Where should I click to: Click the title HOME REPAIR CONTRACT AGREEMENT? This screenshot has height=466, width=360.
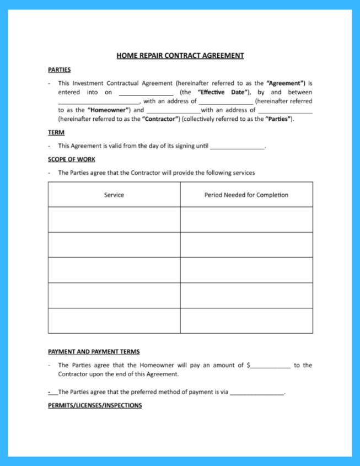(x=180, y=56)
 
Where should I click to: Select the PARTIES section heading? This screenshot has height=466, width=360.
(x=59, y=70)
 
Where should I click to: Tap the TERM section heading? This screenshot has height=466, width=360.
(x=56, y=132)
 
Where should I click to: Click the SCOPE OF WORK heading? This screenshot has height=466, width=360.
(x=72, y=159)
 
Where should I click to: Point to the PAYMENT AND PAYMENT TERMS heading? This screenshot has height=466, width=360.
(x=94, y=351)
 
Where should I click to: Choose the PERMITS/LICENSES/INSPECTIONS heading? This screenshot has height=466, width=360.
(x=95, y=405)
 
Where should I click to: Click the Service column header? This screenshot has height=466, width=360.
(x=114, y=195)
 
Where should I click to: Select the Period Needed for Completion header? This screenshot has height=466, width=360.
(x=246, y=195)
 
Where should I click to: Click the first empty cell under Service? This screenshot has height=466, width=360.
(x=114, y=219)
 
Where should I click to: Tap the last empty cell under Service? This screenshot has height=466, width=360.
(x=114, y=320)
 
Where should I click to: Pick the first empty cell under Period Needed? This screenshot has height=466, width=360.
(x=246, y=219)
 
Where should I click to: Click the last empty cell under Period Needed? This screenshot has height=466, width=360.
(x=246, y=320)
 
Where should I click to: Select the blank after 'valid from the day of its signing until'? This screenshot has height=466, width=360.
(x=237, y=147)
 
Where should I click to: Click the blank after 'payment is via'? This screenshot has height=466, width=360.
(x=256, y=393)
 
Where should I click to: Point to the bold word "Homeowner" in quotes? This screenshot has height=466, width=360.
(x=108, y=110)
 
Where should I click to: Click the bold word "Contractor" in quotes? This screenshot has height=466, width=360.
(x=161, y=119)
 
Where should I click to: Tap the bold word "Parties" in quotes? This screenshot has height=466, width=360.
(x=279, y=119)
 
